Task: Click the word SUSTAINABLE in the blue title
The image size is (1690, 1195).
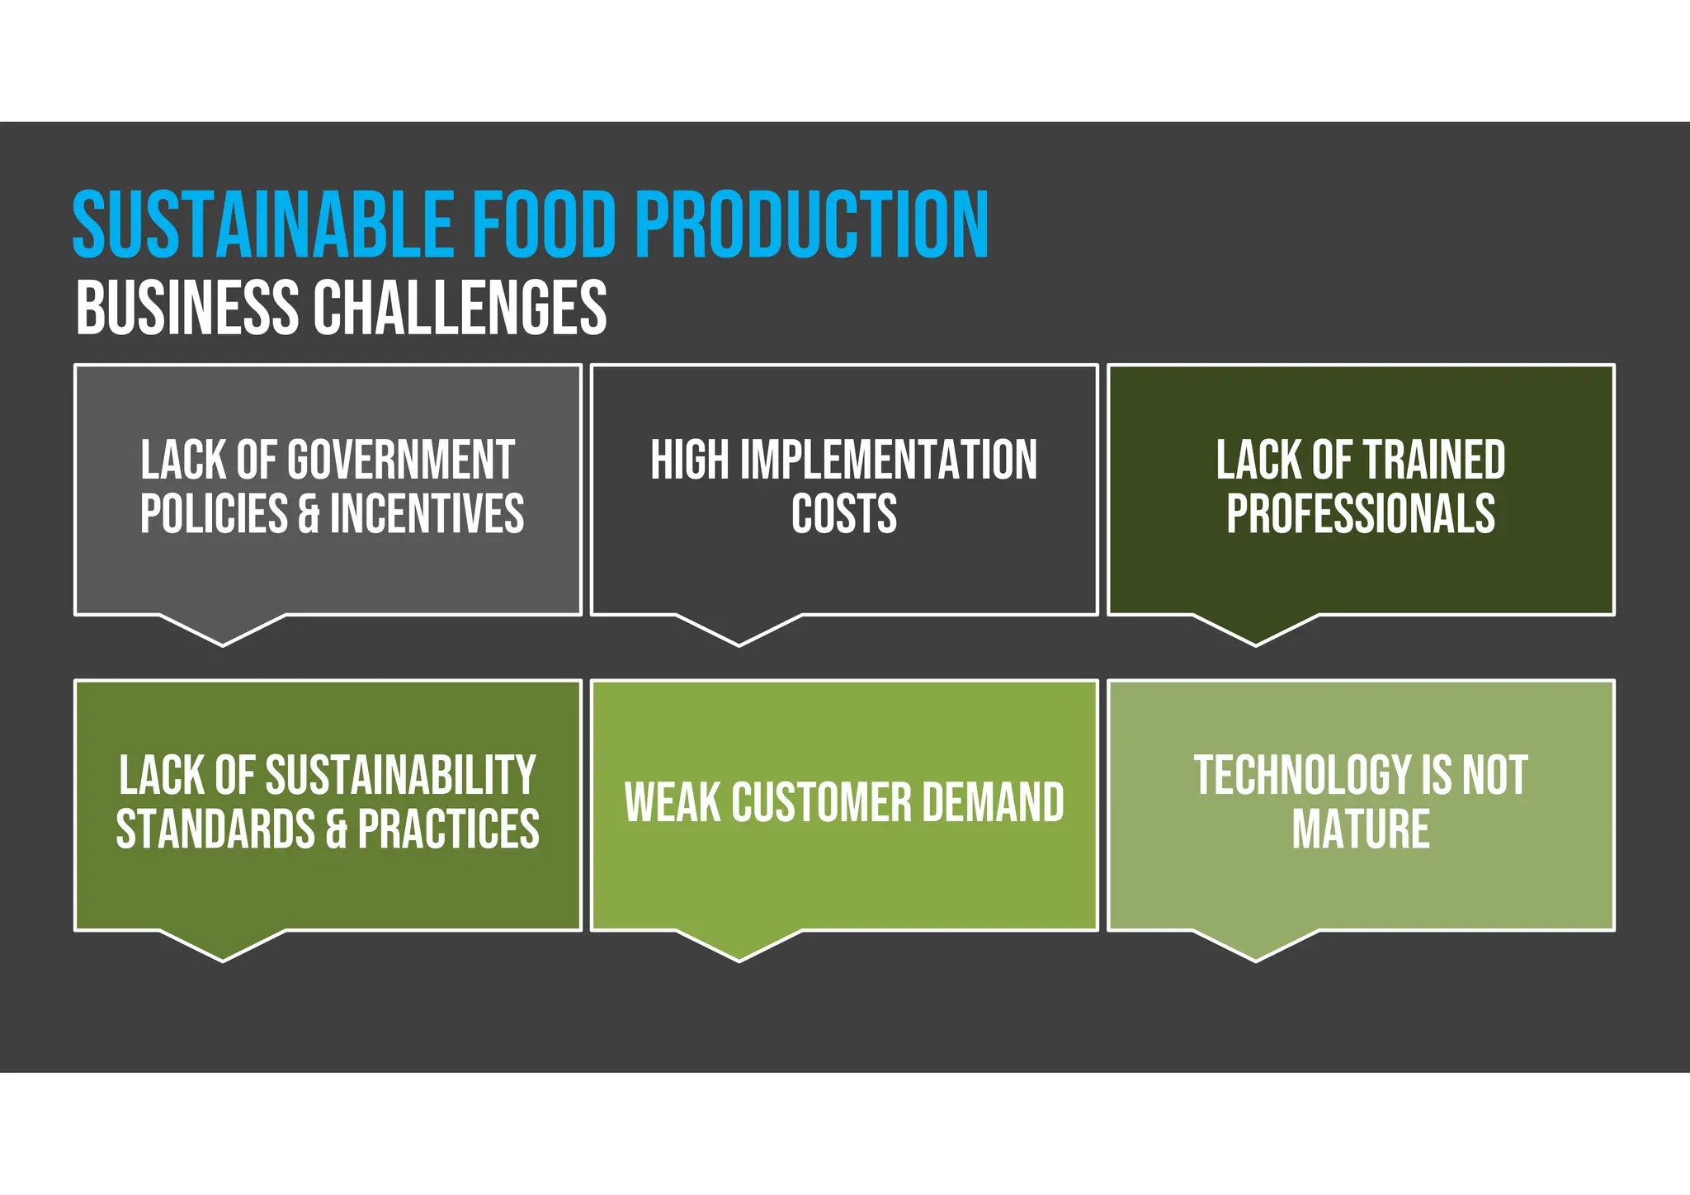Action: (262, 224)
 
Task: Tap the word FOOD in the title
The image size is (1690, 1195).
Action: (545, 224)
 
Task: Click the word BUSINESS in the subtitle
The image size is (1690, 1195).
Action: (187, 308)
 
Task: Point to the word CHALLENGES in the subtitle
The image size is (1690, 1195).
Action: (460, 308)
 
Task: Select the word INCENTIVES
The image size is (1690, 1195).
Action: (427, 514)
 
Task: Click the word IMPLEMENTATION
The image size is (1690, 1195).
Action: (888, 460)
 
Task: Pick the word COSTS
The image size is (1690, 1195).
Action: (844, 514)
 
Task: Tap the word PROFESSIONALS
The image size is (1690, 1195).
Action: (1361, 514)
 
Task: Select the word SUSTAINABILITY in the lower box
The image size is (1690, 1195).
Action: (400, 775)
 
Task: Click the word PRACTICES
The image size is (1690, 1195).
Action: (448, 829)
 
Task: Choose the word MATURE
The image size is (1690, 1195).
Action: (1361, 829)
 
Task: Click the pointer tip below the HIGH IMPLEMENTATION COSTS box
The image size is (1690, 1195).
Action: (739, 644)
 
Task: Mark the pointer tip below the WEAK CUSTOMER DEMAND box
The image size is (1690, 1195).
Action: (739, 959)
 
